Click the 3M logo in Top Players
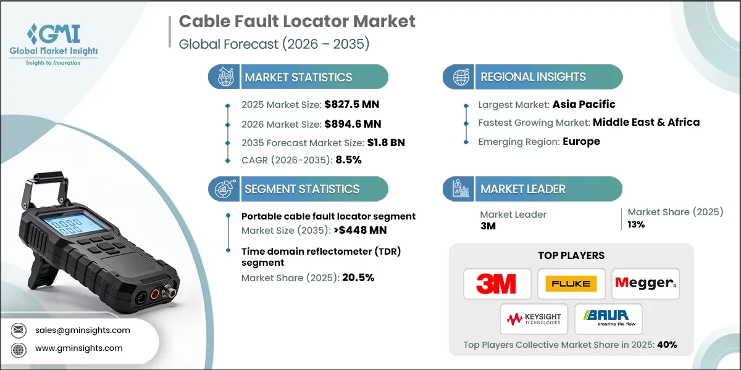[x=496, y=284]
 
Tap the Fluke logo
[x=571, y=284]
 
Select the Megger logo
[x=645, y=284]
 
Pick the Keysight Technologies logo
[x=534, y=319]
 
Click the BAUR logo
[x=608, y=319]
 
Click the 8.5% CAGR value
[x=348, y=160]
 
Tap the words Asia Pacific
[x=584, y=104]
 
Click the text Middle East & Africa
[x=646, y=122]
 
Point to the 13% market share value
[x=636, y=224]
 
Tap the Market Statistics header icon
[x=224, y=77]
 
